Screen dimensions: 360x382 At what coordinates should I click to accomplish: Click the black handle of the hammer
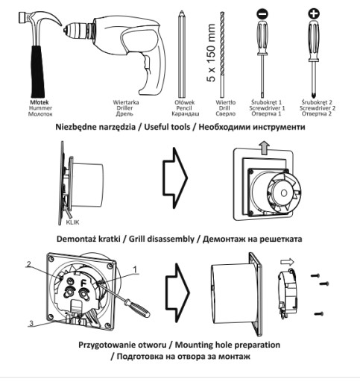click(x=38, y=72)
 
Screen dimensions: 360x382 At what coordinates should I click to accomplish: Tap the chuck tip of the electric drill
click(x=65, y=31)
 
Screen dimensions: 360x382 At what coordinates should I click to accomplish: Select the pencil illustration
click(x=182, y=54)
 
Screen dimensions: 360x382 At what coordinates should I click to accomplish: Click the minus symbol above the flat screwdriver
click(x=262, y=13)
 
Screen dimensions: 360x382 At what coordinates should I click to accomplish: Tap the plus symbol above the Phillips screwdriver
click(x=314, y=13)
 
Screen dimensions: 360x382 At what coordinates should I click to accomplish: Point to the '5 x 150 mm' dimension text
click(x=211, y=53)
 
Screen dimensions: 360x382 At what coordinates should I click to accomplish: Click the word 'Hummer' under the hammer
click(x=40, y=108)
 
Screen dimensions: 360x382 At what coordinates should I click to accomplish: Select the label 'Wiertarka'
click(x=126, y=102)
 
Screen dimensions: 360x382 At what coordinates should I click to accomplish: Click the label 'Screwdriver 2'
click(x=318, y=108)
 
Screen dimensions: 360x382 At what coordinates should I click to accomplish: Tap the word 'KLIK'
click(x=72, y=222)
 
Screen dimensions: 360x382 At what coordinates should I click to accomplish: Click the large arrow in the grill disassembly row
click(x=175, y=178)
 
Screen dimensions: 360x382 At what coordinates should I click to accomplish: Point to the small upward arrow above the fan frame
click(x=264, y=148)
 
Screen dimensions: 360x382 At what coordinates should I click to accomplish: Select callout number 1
click(x=135, y=269)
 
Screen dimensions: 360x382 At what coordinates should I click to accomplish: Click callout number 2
click(x=29, y=264)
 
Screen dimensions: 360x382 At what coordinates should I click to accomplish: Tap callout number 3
click(x=31, y=324)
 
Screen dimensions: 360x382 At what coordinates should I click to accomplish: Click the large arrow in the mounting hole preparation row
click(x=177, y=293)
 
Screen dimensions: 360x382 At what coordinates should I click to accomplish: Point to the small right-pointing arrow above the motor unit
click(x=288, y=262)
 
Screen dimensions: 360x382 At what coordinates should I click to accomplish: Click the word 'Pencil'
click(x=184, y=108)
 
